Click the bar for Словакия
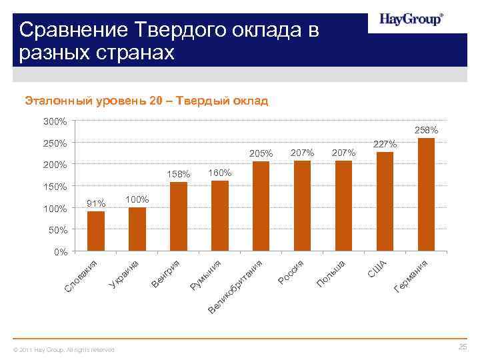tap(96, 231)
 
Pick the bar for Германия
tap(426, 195)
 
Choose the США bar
tap(385, 202)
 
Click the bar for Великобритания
tap(261, 207)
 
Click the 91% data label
tap(96, 203)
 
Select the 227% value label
tap(385, 144)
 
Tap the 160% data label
tap(220, 173)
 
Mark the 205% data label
tap(261, 154)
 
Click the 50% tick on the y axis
tap(59, 231)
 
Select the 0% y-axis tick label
tap(61, 252)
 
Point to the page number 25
tap(463, 347)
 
